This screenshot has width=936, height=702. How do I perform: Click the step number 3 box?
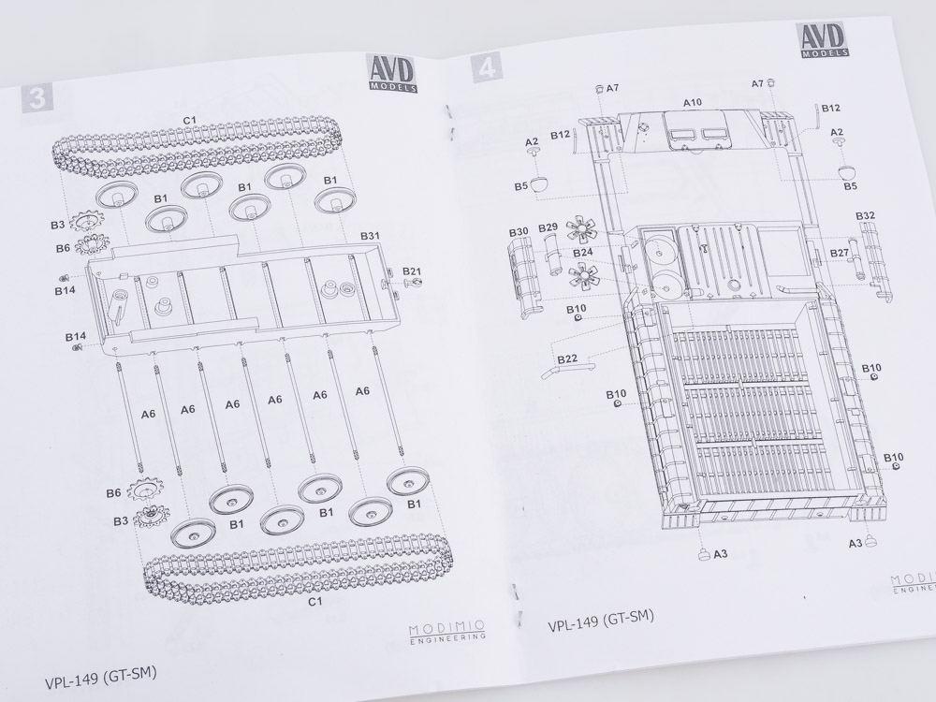pyautogui.click(x=37, y=96)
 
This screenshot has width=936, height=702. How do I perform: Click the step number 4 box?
pyautogui.click(x=487, y=68)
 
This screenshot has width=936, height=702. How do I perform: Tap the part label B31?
pyautogui.click(x=370, y=236)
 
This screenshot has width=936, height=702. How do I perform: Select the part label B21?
pyautogui.click(x=411, y=271)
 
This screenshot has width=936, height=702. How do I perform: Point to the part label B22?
pyautogui.click(x=567, y=358)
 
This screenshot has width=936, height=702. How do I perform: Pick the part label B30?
pyautogui.click(x=519, y=231)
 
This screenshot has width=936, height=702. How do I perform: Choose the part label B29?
pyautogui.click(x=548, y=227)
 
